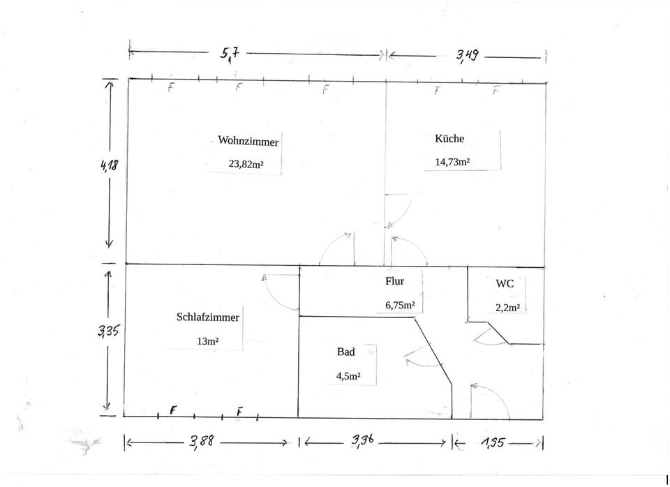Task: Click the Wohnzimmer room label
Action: (248, 141)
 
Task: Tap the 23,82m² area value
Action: (246, 164)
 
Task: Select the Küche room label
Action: (449, 138)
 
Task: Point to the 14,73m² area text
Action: (452, 162)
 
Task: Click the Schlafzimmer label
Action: (208, 317)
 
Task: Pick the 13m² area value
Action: (208, 341)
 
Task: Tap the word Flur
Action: (394, 281)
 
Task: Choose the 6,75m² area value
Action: (400, 306)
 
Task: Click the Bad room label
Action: (345, 352)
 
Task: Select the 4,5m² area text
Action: (348, 376)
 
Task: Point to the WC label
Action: (505, 284)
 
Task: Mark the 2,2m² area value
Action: (507, 308)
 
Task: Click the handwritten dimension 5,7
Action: (230, 54)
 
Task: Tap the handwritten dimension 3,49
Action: (467, 56)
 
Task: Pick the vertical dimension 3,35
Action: (109, 330)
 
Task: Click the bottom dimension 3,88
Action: (201, 441)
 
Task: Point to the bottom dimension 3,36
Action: (363, 440)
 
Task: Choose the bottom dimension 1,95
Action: (493, 443)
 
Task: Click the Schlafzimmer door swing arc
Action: (274, 297)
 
